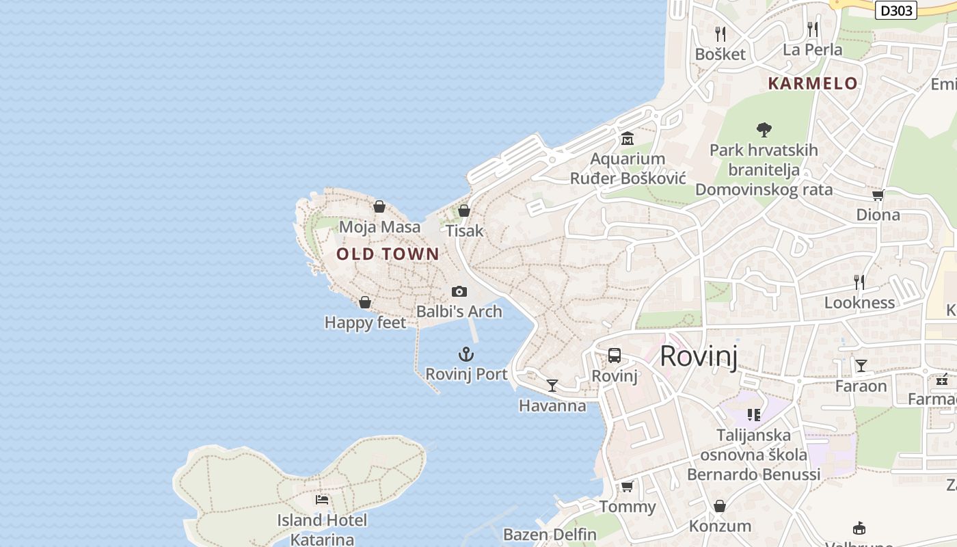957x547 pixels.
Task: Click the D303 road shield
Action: click(x=895, y=10)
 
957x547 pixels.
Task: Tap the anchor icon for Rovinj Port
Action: click(x=466, y=354)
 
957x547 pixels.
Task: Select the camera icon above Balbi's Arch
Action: click(x=459, y=292)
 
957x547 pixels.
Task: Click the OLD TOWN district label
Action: click(x=388, y=254)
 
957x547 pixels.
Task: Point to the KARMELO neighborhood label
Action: click(x=812, y=83)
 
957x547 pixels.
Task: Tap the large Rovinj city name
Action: click(x=699, y=356)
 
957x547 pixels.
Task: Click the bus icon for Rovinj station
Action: click(x=614, y=356)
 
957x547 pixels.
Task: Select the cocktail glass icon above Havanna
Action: click(x=552, y=386)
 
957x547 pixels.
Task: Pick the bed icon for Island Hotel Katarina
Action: click(x=322, y=500)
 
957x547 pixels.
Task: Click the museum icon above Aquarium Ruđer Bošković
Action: click(x=627, y=139)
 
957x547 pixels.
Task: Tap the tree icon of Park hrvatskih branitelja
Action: click(x=764, y=129)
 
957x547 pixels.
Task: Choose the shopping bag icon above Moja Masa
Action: click(x=379, y=206)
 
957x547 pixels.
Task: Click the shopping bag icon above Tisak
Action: click(x=464, y=211)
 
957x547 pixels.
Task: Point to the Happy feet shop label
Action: click(x=365, y=322)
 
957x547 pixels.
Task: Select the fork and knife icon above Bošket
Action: click(x=720, y=34)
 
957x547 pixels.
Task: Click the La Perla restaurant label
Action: click(x=812, y=50)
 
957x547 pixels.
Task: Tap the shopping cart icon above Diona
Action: click(x=878, y=195)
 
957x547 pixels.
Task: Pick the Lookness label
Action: click(x=859, y=303)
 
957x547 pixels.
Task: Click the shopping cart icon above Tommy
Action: click(x=627, y=487)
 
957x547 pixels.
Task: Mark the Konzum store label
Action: click(x=720, y=526)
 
